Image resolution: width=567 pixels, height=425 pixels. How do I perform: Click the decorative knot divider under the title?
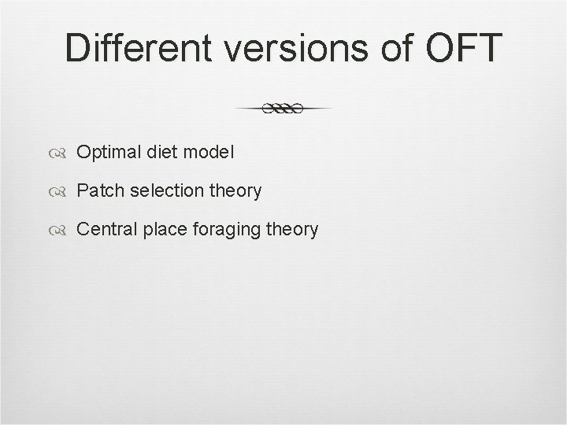point(283,109)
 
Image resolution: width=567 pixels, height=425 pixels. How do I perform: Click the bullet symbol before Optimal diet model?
point(61,152)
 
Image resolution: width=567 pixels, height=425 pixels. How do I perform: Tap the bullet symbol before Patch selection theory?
point(61,191)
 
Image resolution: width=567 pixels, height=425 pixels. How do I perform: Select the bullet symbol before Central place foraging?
point(61,231)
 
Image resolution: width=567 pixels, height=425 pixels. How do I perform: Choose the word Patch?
point(97,190)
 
